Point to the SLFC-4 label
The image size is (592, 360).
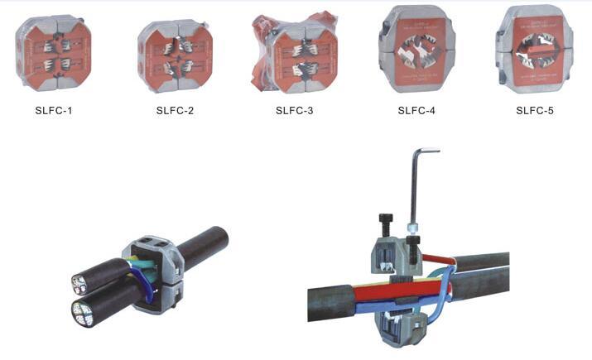(x=416, y=110)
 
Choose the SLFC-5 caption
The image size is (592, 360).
(x=535, y=110)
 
